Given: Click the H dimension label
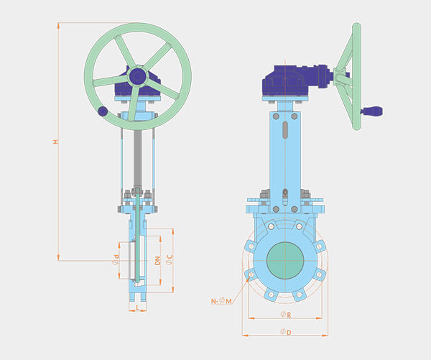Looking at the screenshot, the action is coord(56,142).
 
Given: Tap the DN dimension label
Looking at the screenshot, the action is coord(157,260).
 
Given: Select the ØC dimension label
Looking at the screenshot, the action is coord(170,260).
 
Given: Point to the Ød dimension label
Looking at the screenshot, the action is coord(116,260).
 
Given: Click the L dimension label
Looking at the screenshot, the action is coord(138,308).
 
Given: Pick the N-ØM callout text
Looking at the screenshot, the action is coord(221,301).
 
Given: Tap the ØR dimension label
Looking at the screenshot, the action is coord(286,315).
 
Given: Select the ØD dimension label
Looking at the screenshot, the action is coord(286,332).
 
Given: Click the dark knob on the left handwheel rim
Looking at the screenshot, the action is coord(103,111).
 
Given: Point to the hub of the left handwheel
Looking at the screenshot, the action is coord(138,76).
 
